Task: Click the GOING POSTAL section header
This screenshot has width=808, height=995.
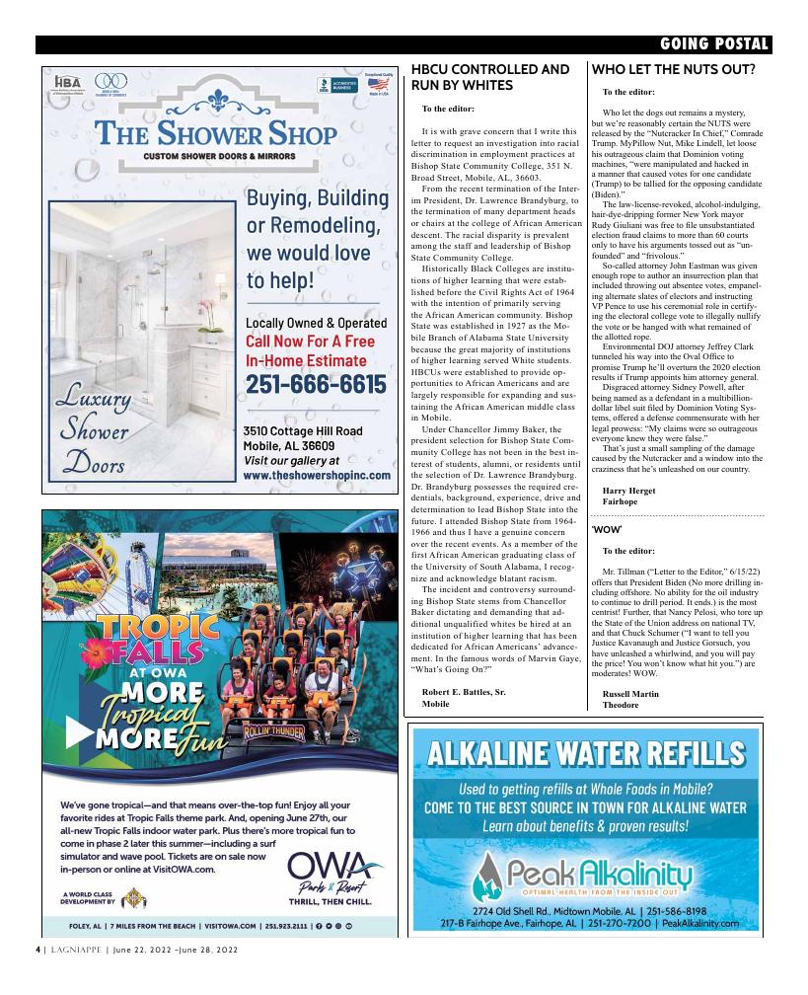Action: (x=714, y=44)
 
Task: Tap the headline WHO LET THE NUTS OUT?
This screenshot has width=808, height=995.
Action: (x=673, y=70)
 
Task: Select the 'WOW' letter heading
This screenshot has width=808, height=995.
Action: (x=612, y=530)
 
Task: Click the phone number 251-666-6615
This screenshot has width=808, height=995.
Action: (x=315, y=384)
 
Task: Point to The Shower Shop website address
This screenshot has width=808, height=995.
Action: (x=313, y=475)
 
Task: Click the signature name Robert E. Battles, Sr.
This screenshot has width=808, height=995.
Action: (x=464, y=692)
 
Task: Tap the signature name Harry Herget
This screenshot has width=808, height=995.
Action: (x=628, y=490)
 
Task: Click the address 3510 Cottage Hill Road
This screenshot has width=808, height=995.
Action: (x=303, y=431)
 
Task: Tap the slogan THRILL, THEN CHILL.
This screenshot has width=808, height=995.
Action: (x=330, y=901)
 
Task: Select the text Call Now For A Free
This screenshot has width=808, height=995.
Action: (x=310, y=342)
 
